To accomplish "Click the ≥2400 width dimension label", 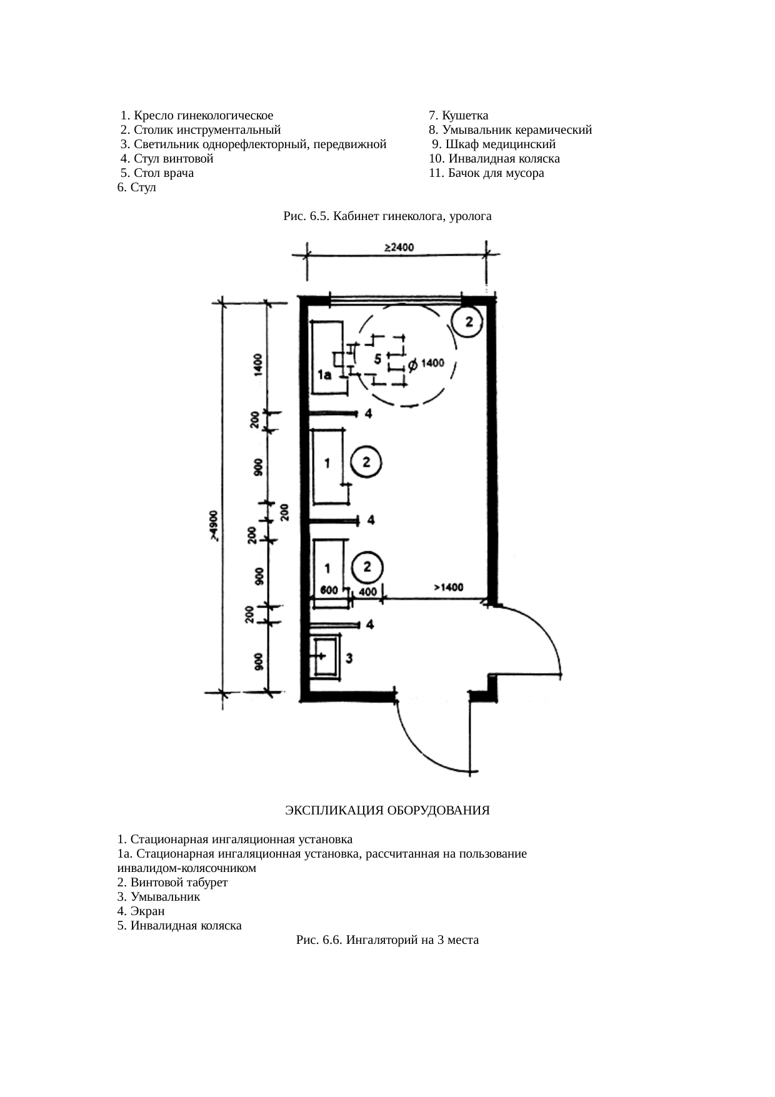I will pyautogui.click(x=398, y=248).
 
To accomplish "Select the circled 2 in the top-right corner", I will pyautogui.click(x=472, y=322).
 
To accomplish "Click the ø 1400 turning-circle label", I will pyautogui.click(x=426, y=363).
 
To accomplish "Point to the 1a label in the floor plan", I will pyautogui.click(x=324, y=375).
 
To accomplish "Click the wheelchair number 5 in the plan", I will pyautogui.click(x=377, y=359).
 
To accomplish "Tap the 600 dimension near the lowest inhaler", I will pyautogui.click(x=329, y=590).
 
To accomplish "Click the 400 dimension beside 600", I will pyautogui.click(x=368, y=591).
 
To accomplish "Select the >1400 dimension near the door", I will pyautogui.click(x=448, y=588).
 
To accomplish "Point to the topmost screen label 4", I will pyautogui.click(x=369, y=414).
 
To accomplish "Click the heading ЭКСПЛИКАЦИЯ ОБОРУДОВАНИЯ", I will pyautogui.click(x=387, y=811).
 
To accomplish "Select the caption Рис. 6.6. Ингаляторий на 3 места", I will pyautogui.click(x=387, y=939).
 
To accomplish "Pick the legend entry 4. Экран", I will pyautogui.click(x=141, y=911).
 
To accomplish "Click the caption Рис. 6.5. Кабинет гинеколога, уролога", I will pyautogui.click(x=387, y=216).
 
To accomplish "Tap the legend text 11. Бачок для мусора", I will pyautogui.click(x=486, y=173).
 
